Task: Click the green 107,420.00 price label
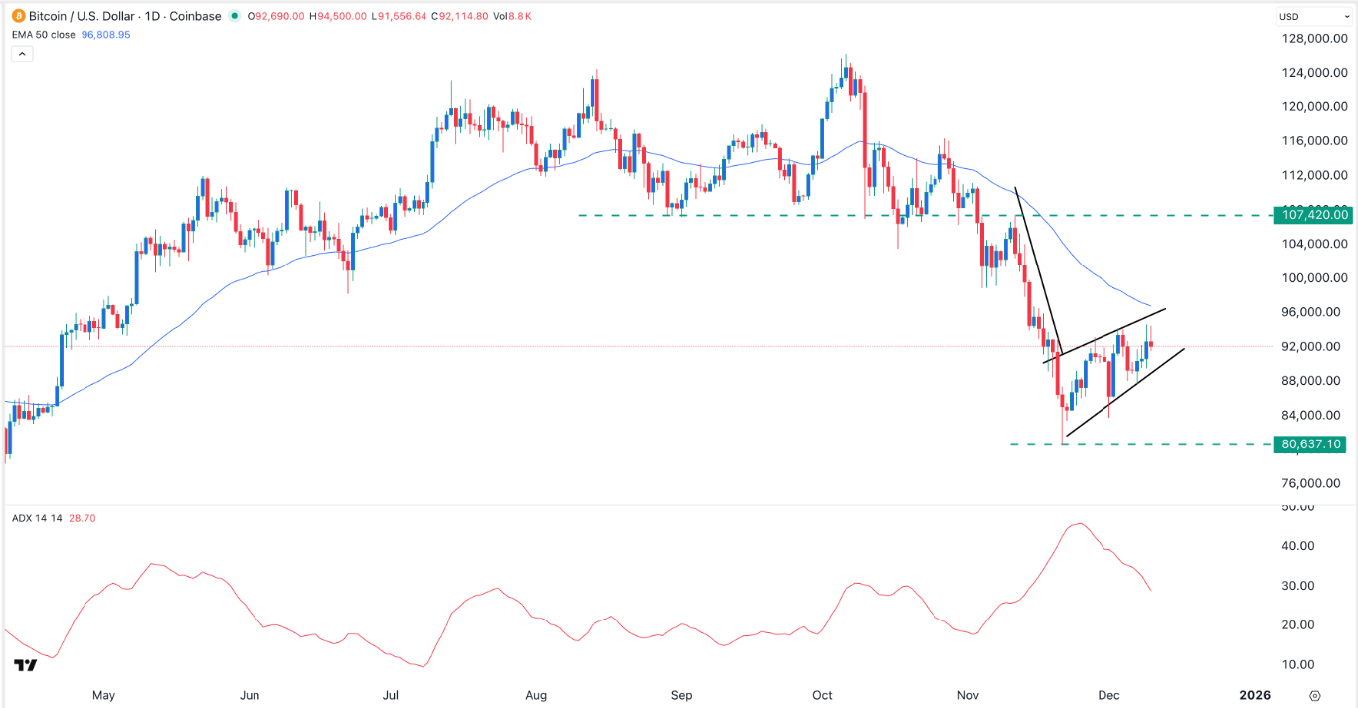[x=1314, y=215]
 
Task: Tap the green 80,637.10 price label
[x=1314, y=444]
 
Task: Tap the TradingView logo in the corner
[x=26, y=665]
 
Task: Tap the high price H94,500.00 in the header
[x=304, y=16]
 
